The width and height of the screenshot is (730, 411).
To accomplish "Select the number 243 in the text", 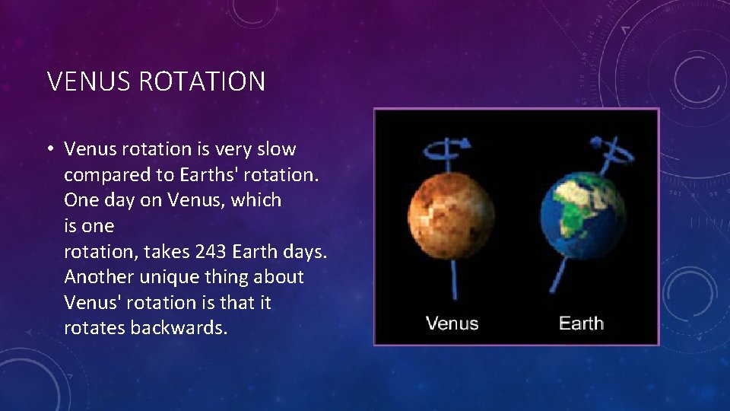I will pyautogui.click(x=211, y=251).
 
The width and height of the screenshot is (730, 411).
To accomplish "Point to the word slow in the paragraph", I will pyautogui.click(x=276, y=149).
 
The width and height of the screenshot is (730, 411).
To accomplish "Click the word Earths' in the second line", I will pyautogui.click(x=211, y=175).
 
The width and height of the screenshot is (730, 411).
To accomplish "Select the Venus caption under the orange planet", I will pyautogui.click(x=452, y=323).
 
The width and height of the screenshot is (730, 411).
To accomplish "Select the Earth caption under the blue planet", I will pyautogui.click(x=581, y=323).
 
